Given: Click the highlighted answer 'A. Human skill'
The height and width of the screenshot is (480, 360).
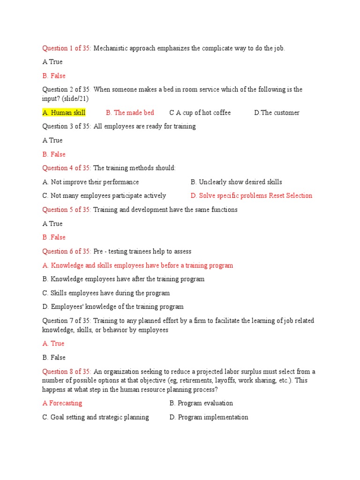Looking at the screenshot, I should (64, 112).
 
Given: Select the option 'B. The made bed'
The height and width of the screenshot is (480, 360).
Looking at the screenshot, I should (130, 112).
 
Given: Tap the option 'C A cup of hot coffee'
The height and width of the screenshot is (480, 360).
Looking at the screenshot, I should (200, 112).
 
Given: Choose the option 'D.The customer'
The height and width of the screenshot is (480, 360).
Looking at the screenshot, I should (277, 112).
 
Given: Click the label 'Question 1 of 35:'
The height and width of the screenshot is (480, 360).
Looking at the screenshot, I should (67, 48).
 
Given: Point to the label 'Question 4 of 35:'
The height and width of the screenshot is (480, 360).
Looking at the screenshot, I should (67, 168).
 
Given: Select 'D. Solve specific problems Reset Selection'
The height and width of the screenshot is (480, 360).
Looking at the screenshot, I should (251, 195).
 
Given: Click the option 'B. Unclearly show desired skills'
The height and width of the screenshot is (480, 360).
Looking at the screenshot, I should (236, 182).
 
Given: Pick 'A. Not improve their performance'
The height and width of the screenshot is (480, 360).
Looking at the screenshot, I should (90, 182).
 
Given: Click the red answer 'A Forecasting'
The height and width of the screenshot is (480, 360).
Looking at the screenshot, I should (62, 403).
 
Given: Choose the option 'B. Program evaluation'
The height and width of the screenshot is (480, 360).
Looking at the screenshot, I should (201, 403).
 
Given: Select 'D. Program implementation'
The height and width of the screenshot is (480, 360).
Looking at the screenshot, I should (209, 417).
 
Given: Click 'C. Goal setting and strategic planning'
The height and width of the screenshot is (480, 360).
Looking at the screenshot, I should (96, 417).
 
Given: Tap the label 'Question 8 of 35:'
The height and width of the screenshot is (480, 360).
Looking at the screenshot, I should (67, 371).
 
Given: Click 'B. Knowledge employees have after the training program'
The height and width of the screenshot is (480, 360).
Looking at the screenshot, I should (123, 279).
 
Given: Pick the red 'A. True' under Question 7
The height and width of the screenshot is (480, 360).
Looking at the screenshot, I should (53, 344).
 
